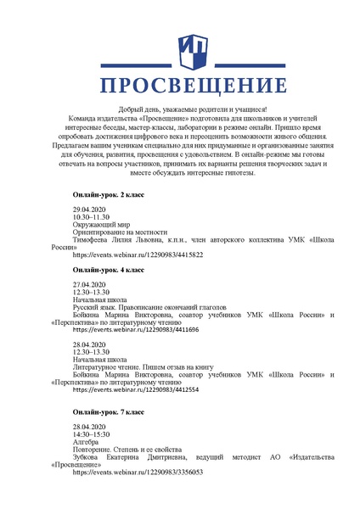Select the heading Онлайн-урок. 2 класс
click(109, 195)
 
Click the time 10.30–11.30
click(90, 217)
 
